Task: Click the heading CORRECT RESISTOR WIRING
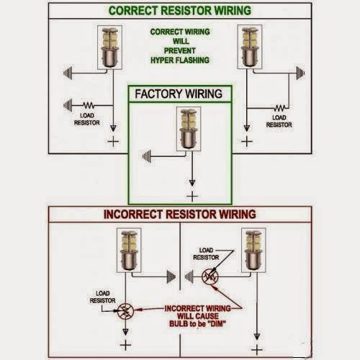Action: coord(180,11)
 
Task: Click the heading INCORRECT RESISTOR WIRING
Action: coord(179,214)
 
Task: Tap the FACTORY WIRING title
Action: coord(180,94)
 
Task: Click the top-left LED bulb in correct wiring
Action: coord(109,48)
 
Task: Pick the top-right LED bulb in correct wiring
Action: coord(250,48)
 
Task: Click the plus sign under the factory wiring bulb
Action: coord(192,195)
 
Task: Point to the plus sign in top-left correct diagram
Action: coord(112,141)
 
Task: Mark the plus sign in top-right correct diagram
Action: coord(247,141)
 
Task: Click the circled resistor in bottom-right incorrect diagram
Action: coord(210,275)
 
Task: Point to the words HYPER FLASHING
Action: coord(179,60)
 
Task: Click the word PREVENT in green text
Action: coord(179,51)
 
